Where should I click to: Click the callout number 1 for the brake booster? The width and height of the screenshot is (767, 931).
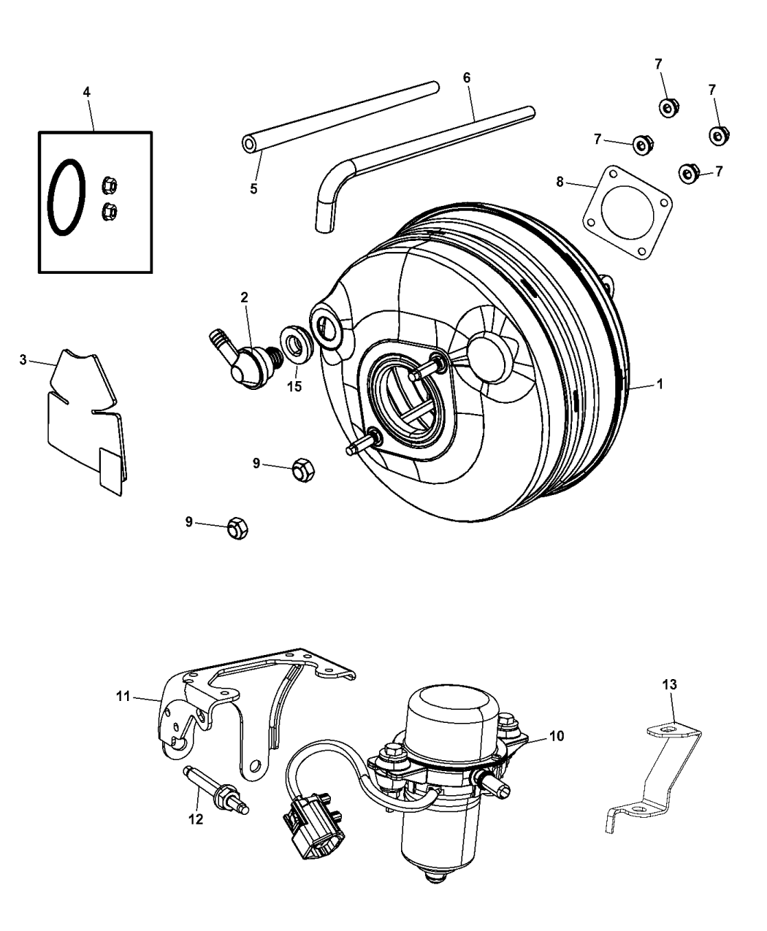(x=660, y=383)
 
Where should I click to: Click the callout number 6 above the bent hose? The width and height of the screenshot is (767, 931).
(x=467, y=77)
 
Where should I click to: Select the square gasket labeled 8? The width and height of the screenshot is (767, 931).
(x=627, y=212)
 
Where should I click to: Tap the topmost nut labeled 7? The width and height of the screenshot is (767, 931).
(x=667, y=108)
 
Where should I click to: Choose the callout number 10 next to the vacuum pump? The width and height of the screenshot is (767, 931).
(x=557, y=736)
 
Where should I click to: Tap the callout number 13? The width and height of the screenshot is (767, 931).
(x=669, y=684)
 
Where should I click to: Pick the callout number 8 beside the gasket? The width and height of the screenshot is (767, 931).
(x=560, y=182)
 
